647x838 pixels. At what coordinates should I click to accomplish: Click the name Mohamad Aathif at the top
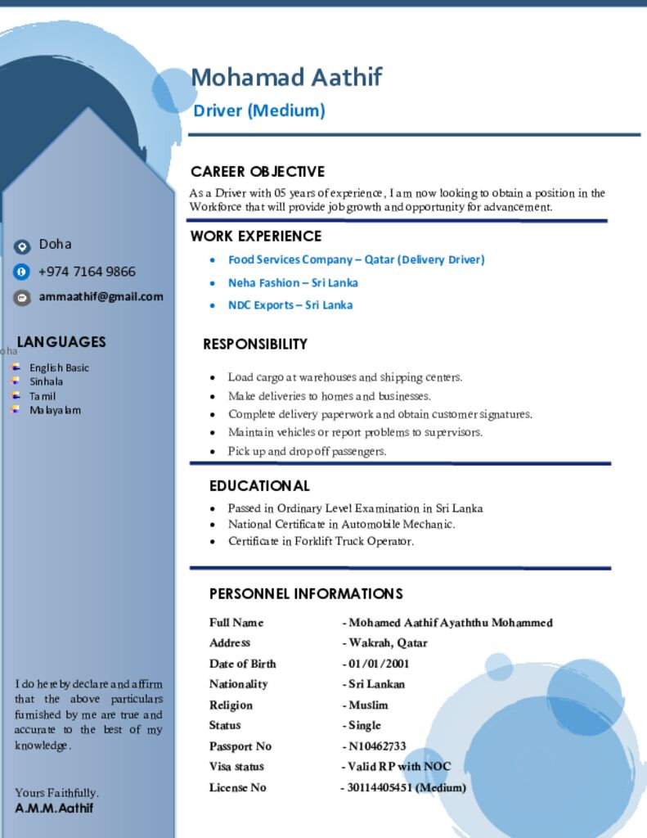[286, 78]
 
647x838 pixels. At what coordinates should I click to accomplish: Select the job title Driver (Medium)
[259, 110]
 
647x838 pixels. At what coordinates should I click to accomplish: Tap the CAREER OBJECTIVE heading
[258, 172]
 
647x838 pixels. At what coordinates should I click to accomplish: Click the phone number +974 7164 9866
[87, 272]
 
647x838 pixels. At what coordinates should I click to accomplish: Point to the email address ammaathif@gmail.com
[101, 297]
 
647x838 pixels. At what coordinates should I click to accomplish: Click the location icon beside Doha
[22, 246]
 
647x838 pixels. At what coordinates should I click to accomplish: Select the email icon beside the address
[22, 298]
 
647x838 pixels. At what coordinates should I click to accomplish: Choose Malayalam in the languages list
[56, 410]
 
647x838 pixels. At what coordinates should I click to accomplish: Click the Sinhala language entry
[47, 381]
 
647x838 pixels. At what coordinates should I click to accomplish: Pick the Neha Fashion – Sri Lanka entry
[293, 283]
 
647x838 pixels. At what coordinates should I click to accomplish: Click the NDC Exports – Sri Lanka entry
[290, 305]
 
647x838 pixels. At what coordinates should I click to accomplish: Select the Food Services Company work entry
[356, 260]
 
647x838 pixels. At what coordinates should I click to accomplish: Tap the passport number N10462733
[377, 746]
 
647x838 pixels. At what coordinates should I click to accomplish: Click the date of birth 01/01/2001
[379, 664]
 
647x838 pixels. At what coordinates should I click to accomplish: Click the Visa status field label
[236, 767]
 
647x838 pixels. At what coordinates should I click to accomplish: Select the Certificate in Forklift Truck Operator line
[321, 541]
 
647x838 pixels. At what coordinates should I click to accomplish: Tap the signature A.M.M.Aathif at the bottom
[54, 809]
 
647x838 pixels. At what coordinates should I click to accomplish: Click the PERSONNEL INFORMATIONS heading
[306, 594]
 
